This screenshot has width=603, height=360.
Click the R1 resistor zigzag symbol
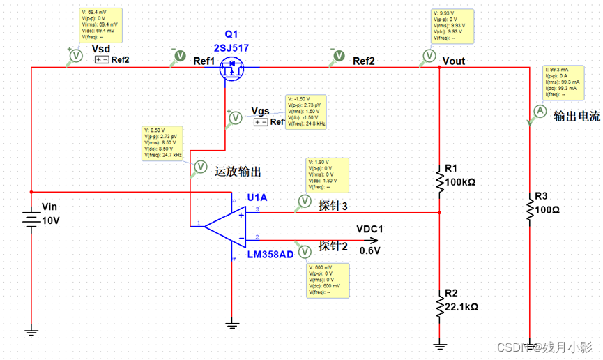(x=439, y=181)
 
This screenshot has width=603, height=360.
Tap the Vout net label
(x=454, y=61)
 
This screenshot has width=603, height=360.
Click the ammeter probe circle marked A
(x=538, y=111)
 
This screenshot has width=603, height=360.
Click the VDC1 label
(x=370, y=229)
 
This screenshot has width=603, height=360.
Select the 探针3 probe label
(x=333, y=206)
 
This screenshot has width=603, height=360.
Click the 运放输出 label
(x=238, y=171)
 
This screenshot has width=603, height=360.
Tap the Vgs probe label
(x=260, y=112)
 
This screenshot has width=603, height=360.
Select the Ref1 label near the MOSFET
(x=204, y=61)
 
